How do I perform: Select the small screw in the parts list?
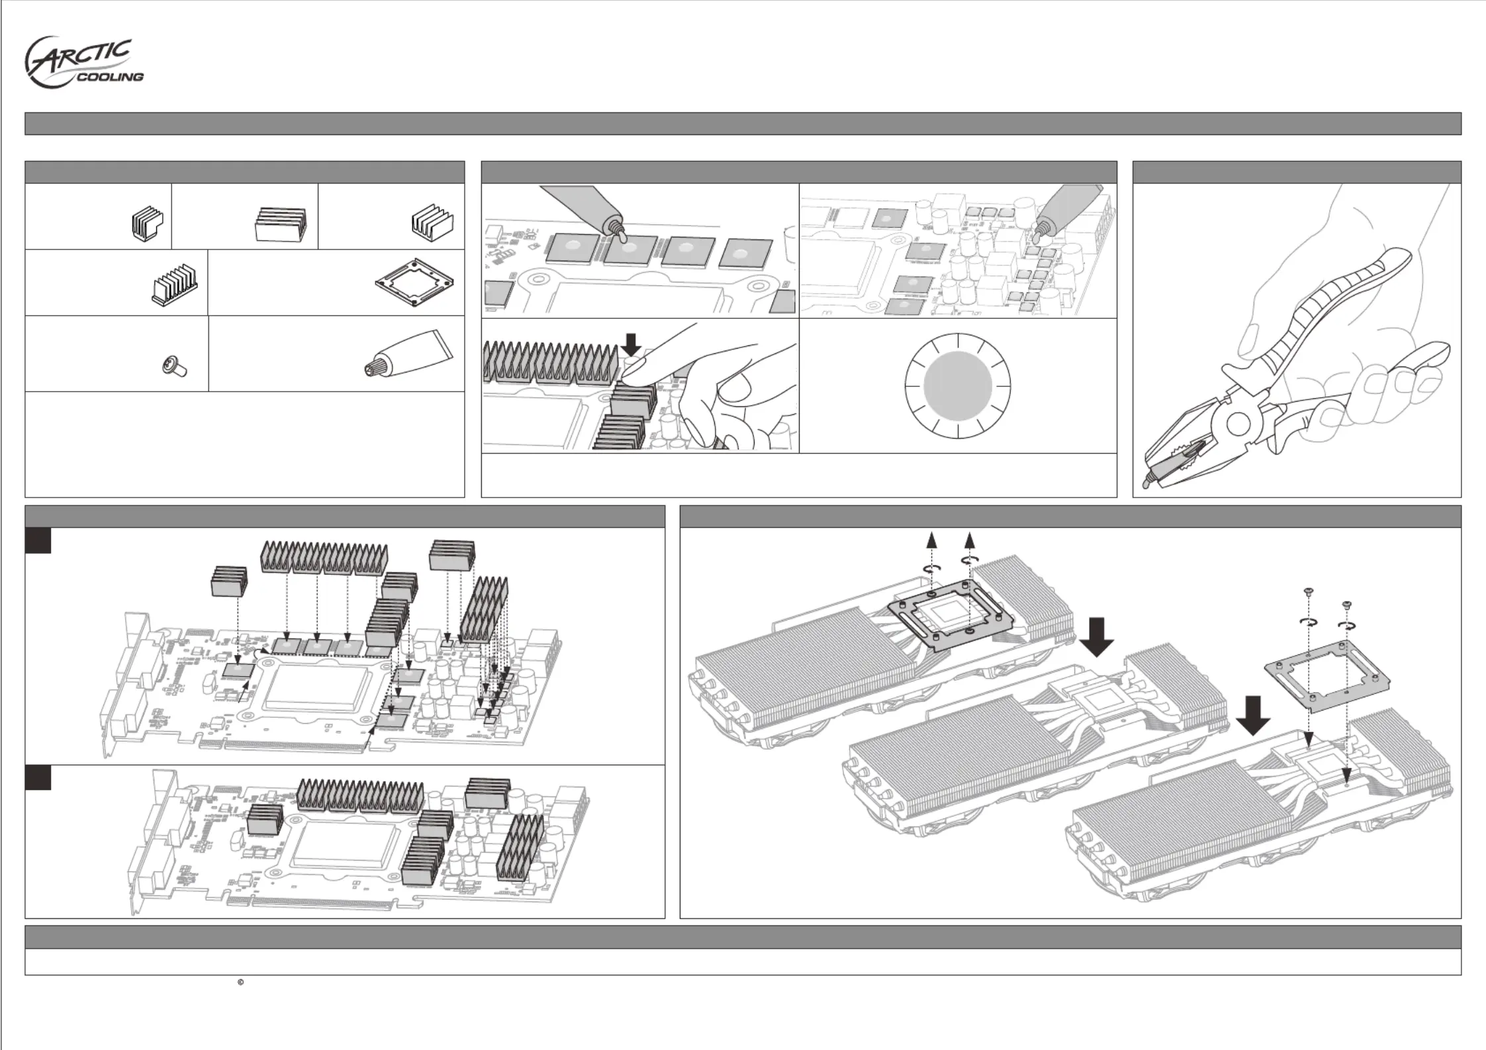click(x=175, y=365)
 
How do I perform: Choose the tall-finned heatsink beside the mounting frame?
click(x=174, y=286)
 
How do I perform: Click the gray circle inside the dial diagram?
click(x=957, y=386)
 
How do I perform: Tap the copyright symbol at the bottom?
click(x=240, y=983)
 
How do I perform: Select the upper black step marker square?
click(x=38, y=540)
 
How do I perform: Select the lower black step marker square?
click(x=38, y=778)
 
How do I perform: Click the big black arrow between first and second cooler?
click(x=1097, y=637)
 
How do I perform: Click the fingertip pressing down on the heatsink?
click(x=633, y=375)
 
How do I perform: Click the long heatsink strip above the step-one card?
click(x=324, y=557)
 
